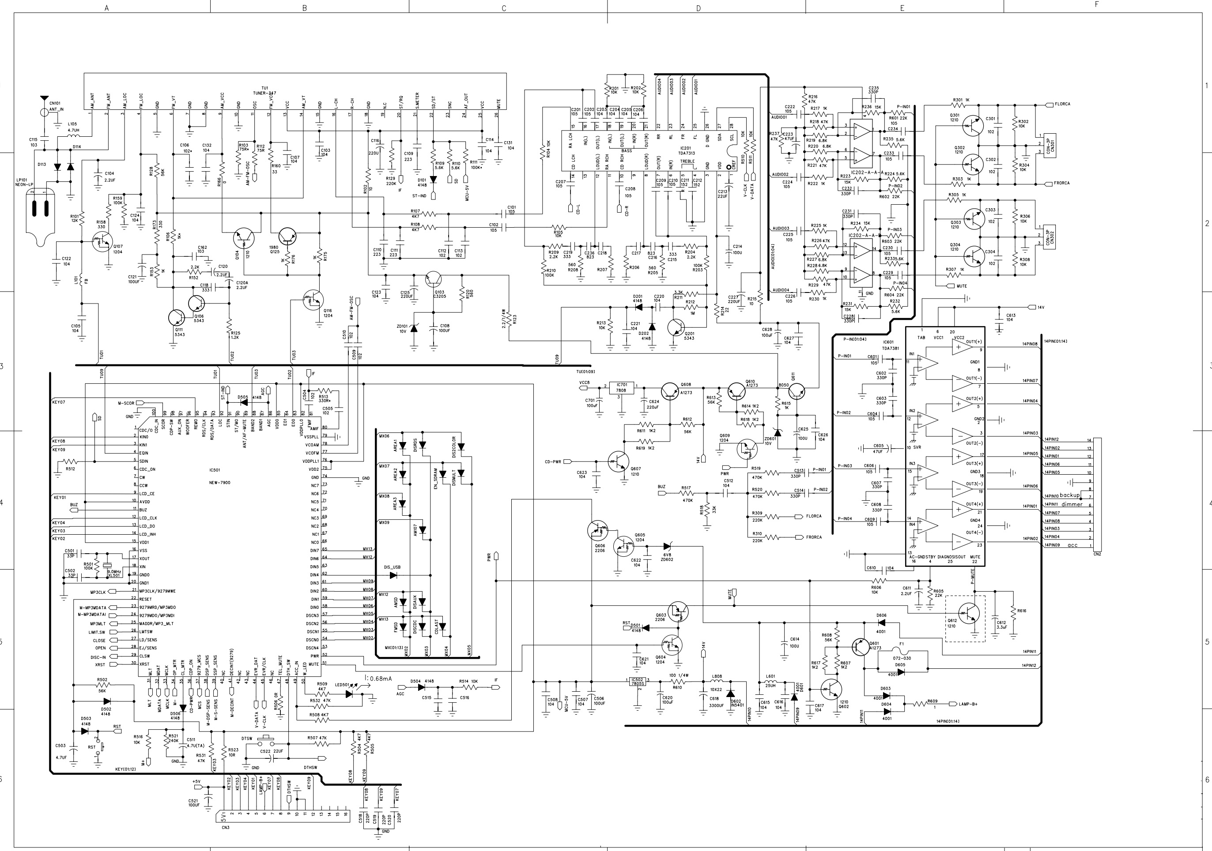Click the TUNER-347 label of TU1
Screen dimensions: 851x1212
pos(265,93)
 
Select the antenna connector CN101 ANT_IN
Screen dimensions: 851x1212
pos(44,112)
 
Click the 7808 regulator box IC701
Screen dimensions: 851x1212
pos(621,388)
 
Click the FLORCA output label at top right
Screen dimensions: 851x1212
pos(1062,104)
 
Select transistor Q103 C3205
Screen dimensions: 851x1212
pos(433,280)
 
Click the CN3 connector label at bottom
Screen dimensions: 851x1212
pos(226,827)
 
